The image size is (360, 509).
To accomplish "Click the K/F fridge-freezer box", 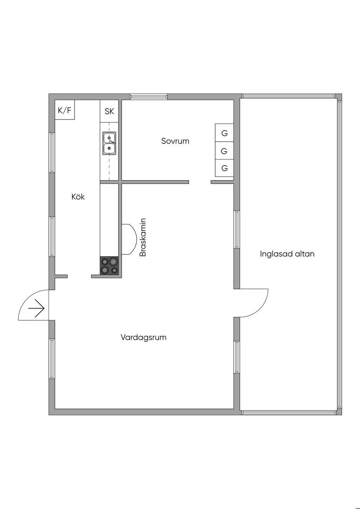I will tap(65, 110).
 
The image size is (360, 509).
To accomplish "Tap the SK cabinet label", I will tap(109, 111).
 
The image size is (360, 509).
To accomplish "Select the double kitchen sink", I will tap(109, 143).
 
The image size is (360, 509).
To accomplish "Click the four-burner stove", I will tap(109, 265).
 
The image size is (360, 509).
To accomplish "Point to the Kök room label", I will tap(78, 197).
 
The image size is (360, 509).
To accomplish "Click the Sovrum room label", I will tap(175, 141).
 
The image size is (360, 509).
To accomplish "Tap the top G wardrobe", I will tap(224, 133).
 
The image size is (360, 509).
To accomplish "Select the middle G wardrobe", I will tap(224, 151).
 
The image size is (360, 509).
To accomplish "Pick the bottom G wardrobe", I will tap(224, 168).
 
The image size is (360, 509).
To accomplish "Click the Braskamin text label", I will tap(143, 237).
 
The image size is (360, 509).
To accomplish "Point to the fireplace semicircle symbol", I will tap(129, 239).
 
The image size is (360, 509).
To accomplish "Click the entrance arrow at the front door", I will tap(36, 309).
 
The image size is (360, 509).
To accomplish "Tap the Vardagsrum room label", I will tap(143, 337).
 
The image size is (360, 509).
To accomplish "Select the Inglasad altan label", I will tap(287, 254).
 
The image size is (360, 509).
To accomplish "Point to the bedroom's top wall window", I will tap(149, 97).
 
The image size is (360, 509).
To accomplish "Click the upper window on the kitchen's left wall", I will tap(52, 153).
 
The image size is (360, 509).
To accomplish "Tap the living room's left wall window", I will tap(52, 359).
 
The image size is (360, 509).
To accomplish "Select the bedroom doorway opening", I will tap(200, 182).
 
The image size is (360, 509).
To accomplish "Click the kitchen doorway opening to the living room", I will tap(79, 277).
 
